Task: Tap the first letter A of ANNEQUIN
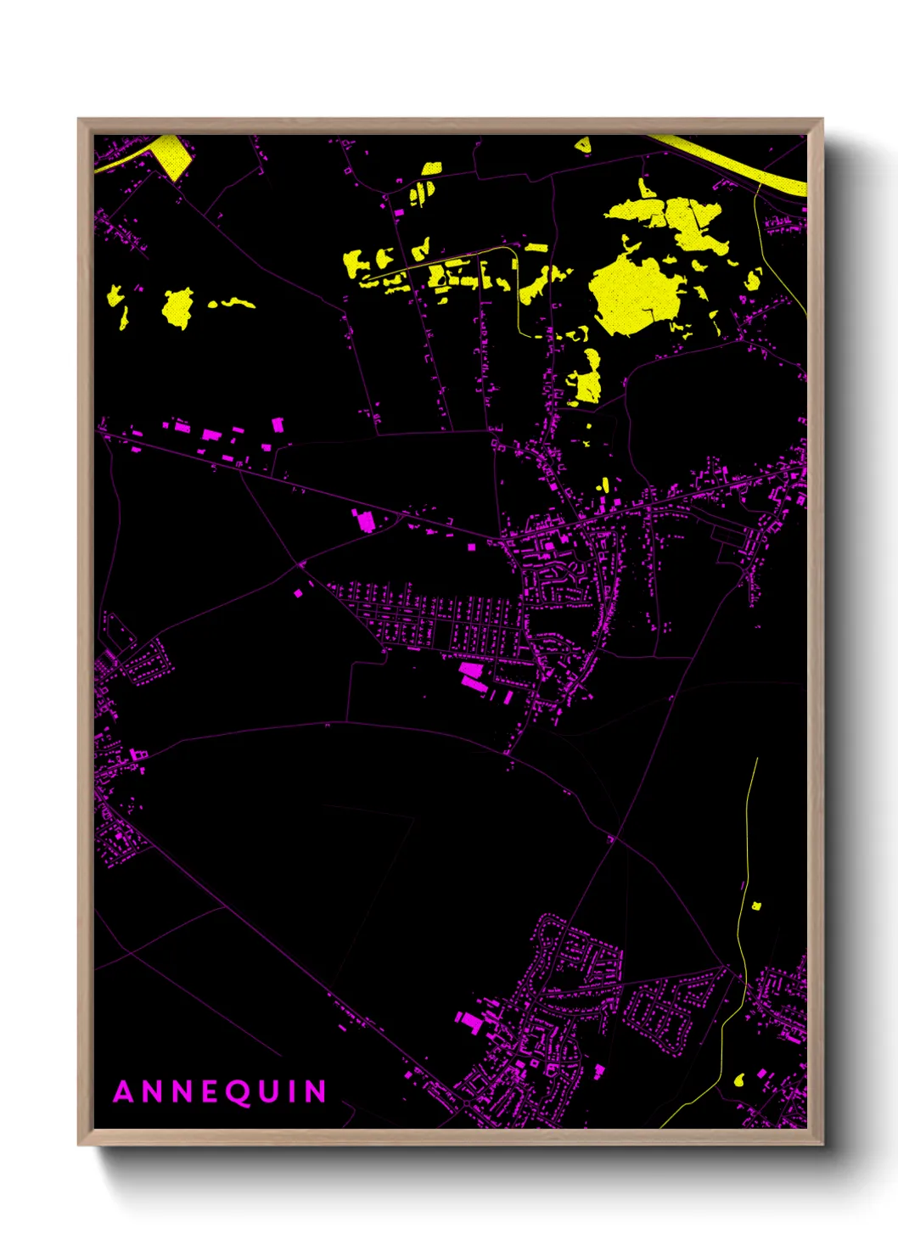coord(124,1092)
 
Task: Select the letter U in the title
coord(271,1092)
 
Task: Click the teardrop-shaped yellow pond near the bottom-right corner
coord(738,1080)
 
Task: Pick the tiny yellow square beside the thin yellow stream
coord(756,906)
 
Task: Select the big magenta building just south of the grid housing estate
coord(471,676)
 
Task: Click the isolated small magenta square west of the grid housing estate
coord(298,593)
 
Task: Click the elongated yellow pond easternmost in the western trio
coord(232,302)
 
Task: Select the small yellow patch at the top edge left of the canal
coord(582,146)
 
